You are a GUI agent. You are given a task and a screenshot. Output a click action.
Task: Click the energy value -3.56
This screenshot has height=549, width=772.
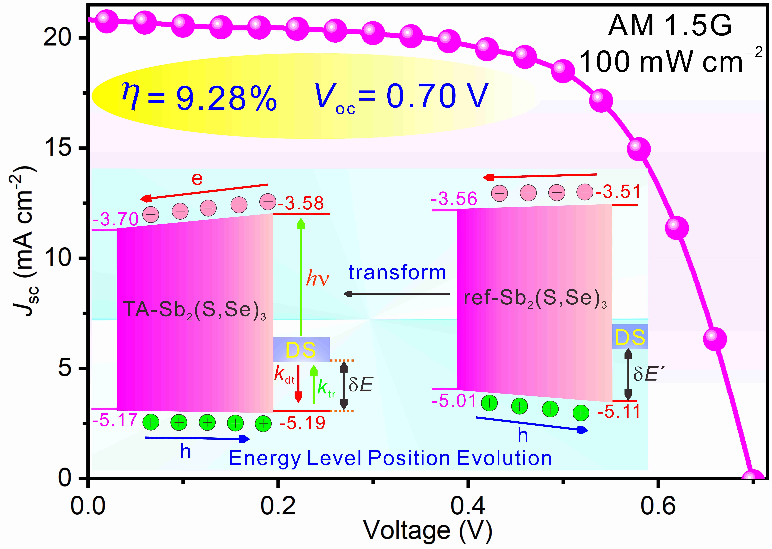point(454,199)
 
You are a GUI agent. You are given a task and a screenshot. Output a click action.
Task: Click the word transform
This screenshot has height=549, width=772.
point(397,272)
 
